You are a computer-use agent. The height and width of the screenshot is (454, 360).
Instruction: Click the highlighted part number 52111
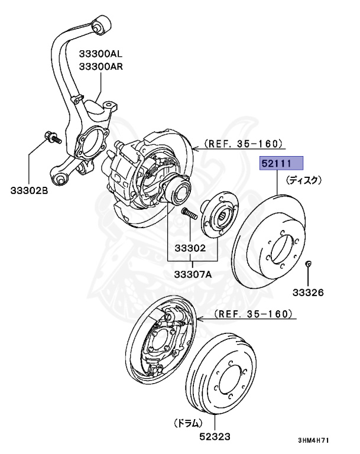click(x=282, y=163)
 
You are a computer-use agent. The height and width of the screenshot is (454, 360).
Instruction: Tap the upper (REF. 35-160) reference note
click(x=244, y=144)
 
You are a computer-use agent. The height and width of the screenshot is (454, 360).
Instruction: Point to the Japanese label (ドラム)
click(x=187, y=423)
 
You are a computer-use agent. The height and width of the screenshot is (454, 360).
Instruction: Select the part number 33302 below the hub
click(x=189, y=248)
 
